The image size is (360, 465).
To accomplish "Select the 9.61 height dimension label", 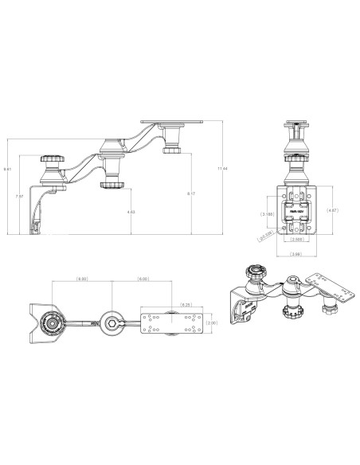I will (7, 169).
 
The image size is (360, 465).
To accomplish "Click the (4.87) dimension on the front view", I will (335, 211).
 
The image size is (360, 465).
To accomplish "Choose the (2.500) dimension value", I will (295, 238).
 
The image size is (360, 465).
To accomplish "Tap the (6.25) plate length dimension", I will (185, 304).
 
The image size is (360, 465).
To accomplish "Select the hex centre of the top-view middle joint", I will (116, 322).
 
